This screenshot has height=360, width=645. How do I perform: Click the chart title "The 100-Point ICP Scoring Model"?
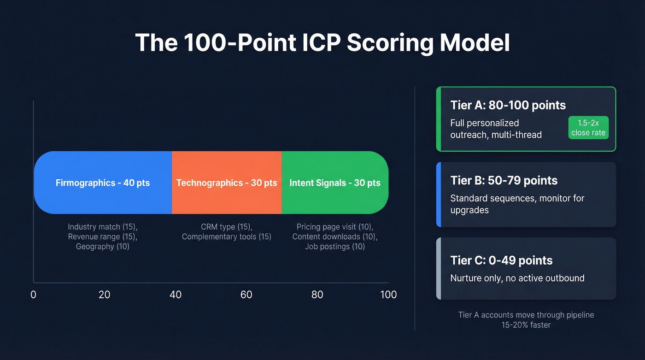coord(322,43)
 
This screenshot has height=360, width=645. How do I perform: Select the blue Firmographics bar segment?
coord(103,183)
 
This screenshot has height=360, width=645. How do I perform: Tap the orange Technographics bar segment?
coord(227,183)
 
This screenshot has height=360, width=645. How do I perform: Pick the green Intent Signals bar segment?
coord(335,183)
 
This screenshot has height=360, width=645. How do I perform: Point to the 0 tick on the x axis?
coord(33,295)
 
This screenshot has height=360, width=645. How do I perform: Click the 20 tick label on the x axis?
coord(104,295)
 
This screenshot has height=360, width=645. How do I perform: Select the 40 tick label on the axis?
coord(176,295)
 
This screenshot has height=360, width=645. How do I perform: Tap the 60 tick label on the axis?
coord(246,295)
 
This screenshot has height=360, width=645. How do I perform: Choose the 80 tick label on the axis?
coord(317,295)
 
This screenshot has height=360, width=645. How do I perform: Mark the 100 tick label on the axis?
coord(388,295)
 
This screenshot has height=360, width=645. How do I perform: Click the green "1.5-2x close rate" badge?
coord(588,128)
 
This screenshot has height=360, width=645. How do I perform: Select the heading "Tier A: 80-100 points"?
coord(508,105)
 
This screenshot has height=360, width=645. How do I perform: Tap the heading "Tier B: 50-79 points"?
coord(504,180)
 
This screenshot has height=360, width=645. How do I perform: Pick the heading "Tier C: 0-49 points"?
coord(501,260)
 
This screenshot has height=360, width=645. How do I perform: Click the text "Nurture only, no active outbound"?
coord(517,278)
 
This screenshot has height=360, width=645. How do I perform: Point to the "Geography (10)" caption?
coord(103,247)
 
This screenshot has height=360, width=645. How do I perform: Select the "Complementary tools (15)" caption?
coord(227,237)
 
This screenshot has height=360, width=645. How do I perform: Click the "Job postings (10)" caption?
coord(335,247)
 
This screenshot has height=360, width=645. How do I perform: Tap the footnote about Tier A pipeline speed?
coord(526,320)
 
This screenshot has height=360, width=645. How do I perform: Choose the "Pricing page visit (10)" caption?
coord(335,227)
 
